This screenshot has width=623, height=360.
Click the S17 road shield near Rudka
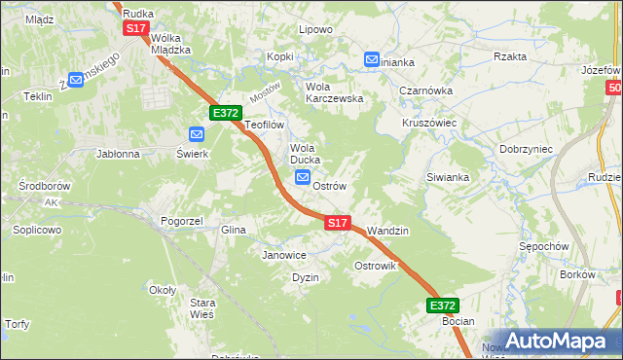click(x=135, y=29)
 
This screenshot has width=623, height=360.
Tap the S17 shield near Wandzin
click(x=337, y=223)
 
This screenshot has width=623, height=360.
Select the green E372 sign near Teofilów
click(x=225, y=113)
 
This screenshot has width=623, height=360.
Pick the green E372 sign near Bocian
click(x=443, y=305)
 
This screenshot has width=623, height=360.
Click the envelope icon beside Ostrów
click(x=302, y=178)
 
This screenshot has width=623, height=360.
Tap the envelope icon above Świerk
click(x=196, y=135)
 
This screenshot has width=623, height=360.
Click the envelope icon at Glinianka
click(x=372, y=60)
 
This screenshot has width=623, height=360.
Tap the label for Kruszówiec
click(x=430, y=124)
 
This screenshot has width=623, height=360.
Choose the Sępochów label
click(x=544, y=246)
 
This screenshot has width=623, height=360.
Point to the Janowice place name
click(x=284, y=255)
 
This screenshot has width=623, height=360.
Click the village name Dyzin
click(x=306, y=277)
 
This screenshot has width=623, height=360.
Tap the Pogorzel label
click(x=182, y=221)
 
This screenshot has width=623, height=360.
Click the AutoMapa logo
click(x=555, y=341)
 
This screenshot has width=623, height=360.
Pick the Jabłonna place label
click(x=118, y=154)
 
